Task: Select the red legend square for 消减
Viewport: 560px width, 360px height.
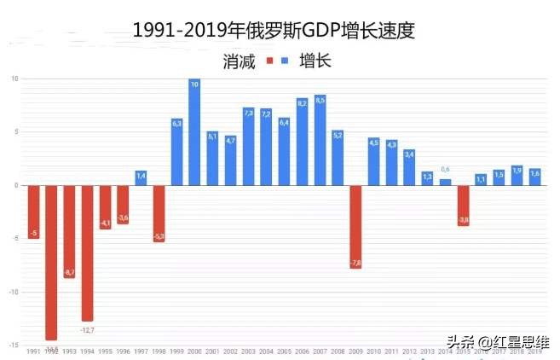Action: tap(269, 61)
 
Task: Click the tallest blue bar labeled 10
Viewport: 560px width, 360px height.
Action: tap(194, 132)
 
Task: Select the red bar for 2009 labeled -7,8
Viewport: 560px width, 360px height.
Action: tap(355, 227)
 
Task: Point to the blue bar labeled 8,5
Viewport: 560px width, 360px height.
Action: tap(320, 140)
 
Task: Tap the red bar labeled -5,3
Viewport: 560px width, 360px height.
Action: tap(159, 213)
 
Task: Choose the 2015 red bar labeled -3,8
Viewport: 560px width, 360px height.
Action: tap(463, 206)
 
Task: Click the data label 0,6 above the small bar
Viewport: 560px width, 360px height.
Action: tap(445, 170)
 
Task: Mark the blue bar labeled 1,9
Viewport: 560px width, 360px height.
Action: tap(517, 175)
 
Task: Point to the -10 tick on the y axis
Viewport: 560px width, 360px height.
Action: tap(14, 292)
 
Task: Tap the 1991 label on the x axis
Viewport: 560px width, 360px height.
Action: tap(33, 351)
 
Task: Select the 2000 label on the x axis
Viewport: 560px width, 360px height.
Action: tap(194, 351)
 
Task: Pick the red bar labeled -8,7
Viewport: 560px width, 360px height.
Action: tap(69, 232)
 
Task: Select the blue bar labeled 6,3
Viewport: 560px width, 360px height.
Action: tap(176, 152)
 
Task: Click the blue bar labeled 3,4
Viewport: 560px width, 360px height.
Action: tap(409, 167)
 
